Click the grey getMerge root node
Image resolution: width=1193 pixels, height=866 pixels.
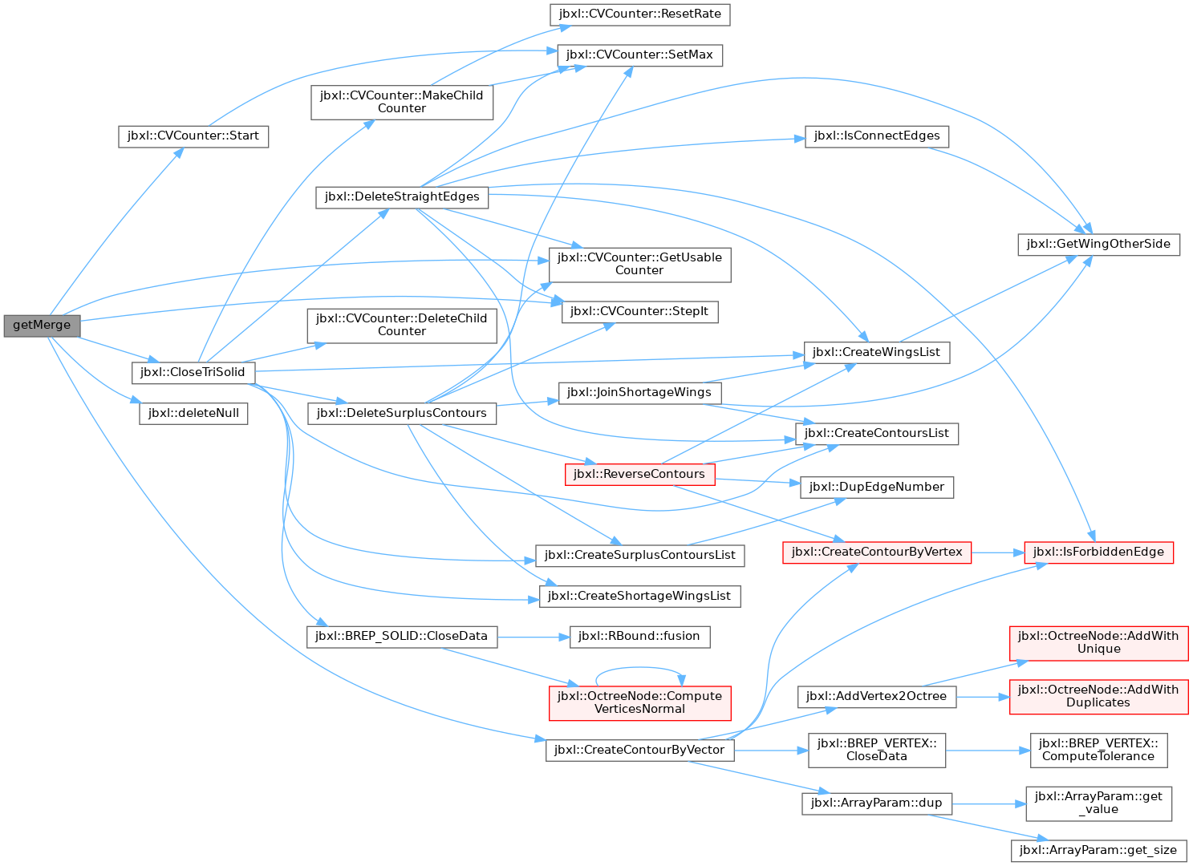click(42, 326)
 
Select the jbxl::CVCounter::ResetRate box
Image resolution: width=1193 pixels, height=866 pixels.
click(639, 14)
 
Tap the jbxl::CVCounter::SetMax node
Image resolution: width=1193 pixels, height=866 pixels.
click(639, 55)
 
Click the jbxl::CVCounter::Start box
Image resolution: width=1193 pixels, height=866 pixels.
click(193, 137)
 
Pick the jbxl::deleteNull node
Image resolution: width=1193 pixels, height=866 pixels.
click(193, 414)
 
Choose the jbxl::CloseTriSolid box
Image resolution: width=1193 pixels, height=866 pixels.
click(193, 373)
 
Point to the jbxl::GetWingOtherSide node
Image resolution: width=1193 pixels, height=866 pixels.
click(1099, 245)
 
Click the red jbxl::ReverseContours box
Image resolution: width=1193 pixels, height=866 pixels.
click(639, 474)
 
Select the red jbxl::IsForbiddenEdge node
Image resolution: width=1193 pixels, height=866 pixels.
click(1099, 552)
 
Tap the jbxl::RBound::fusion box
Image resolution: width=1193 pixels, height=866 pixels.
click(639, 637)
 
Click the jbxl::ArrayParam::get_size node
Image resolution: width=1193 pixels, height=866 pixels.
click(1099, 851)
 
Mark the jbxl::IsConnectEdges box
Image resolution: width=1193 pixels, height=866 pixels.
click(877, 137)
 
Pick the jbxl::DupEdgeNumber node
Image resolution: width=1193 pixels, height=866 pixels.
click(877, 487)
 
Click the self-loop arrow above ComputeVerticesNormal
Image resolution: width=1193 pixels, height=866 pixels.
click(639, 667)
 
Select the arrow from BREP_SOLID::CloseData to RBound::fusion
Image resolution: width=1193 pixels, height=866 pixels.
click(534, 637)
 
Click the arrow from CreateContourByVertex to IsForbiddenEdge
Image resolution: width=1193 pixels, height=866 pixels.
click(997, 552)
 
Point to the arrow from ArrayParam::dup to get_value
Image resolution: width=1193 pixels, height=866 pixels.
click(988, 803)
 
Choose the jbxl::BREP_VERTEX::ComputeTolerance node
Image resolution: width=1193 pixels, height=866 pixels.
click(1099, 750)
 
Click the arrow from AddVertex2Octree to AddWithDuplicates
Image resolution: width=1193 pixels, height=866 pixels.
click(983, 697)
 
